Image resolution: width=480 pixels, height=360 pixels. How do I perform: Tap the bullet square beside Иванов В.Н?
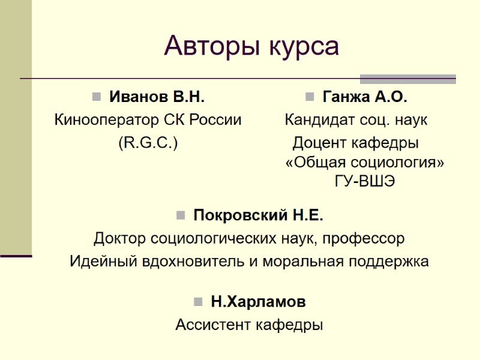point(96,97)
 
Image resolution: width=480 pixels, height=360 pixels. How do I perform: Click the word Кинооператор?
point(107,119)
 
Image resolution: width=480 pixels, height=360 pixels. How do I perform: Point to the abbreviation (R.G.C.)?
point(148,143)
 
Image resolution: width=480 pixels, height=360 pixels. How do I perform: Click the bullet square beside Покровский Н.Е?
point(180,215)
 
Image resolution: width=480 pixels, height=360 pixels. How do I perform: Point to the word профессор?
point(367,239)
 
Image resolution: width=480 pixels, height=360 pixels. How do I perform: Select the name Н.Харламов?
point(258,302)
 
